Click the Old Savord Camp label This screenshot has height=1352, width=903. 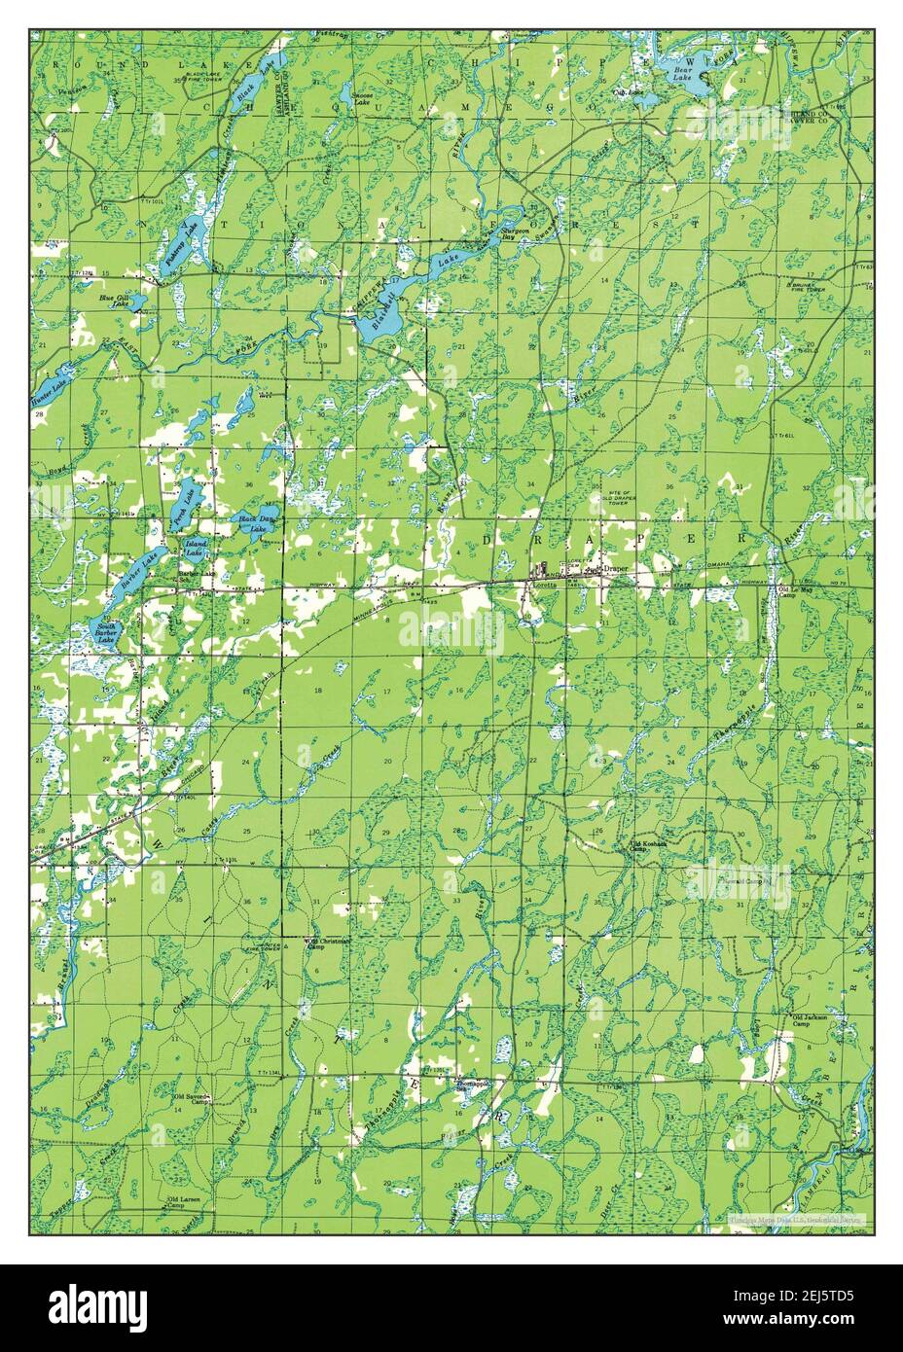click(x=193, y=1099)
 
